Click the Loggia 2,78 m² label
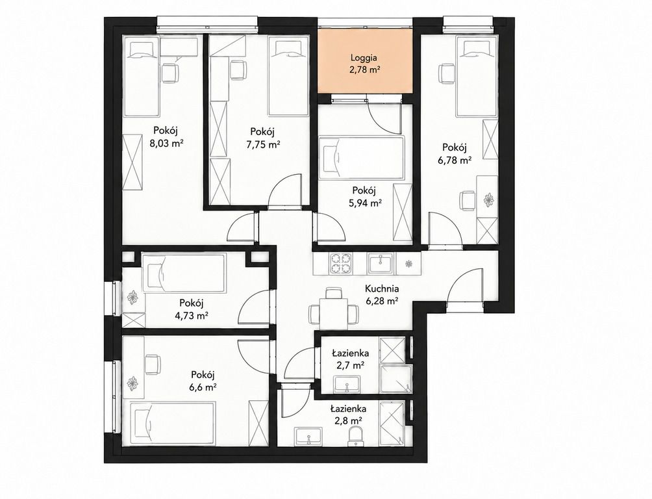(365, 64)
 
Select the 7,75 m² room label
(262, 144)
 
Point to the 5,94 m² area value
(365, 203)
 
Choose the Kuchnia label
(382, 288)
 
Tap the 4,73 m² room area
(192, 316)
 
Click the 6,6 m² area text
(203, 387)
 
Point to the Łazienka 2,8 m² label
(349, 414)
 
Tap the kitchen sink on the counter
(380, 263)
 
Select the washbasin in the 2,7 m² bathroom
(347, 385)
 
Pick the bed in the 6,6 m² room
(172, 423)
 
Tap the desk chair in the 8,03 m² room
(169, 73)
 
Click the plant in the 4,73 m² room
(133, 297)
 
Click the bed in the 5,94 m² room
(361, 159)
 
